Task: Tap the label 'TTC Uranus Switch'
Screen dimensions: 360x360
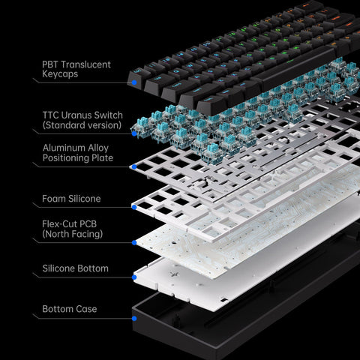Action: pyautogui.click(x=83, y=115)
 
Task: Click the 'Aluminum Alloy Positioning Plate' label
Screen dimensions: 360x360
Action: pyautogui.click(x=78, y=153)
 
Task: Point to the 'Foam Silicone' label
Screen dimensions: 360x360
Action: pyautogui.click(x=71, y=199)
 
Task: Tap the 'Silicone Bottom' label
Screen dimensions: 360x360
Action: pyautogui.click(x=75, y=268)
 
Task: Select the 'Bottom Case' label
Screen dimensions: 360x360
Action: pyautogui.click(x=69, y=309)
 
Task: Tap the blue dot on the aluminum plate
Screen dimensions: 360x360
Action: pyautogui.click(x=133, y=165)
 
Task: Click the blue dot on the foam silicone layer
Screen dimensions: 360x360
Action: pyautogui.click(x=133, y=205)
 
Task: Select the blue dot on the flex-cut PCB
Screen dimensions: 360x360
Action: pyautogui.click(x=133, y=242)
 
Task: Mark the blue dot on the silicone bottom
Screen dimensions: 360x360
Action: pyautogui.click(x=133, y=277)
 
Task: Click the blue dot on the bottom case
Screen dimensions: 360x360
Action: pyautogui.click(x=133, y=318)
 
